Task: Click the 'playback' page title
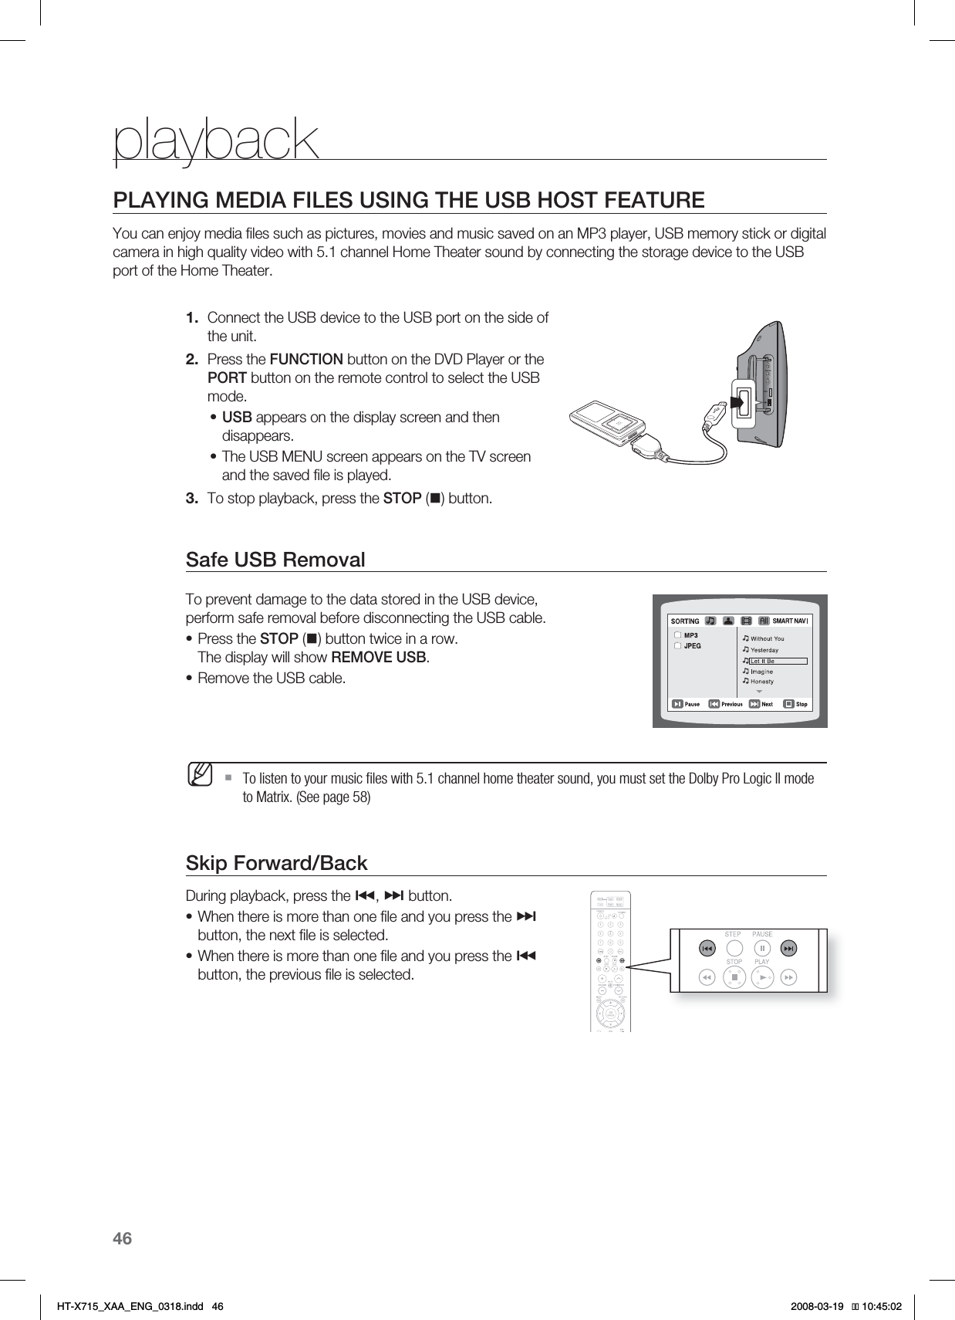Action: point(216,140)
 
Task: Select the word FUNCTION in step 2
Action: point(306,360)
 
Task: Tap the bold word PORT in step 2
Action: point(228,378)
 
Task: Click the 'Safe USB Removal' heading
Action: point(275,560)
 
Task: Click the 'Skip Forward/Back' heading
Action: point(276,863)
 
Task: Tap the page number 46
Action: point(123,1239)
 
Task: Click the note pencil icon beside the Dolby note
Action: point(201,772)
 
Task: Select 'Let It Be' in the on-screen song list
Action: point(763,662)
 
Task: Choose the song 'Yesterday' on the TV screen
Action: point(764,650)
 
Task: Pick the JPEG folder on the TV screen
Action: point(693,645)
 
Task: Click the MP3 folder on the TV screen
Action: point(690,635)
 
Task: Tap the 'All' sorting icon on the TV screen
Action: point(764,621)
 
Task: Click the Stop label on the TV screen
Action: point(801,704)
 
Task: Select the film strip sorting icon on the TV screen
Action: point(746,621)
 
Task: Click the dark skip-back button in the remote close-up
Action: point(706,948)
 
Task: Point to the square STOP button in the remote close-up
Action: point(735,978)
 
